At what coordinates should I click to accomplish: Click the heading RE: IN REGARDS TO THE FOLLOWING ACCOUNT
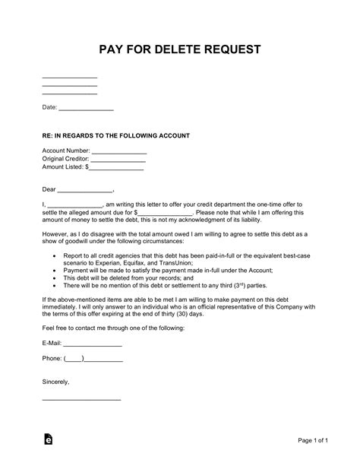click(116, 136)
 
